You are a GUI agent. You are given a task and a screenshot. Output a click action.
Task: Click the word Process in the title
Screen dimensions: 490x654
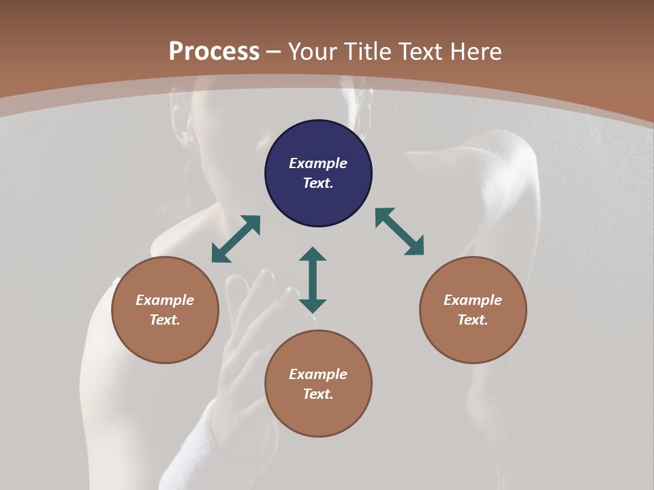(214, 52)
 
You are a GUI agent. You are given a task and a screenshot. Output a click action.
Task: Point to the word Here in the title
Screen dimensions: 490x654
(477, 52)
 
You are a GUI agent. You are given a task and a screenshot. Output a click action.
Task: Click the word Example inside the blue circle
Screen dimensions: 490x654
(318, 163)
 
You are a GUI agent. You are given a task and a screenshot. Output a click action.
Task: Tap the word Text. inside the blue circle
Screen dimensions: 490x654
(318, 183)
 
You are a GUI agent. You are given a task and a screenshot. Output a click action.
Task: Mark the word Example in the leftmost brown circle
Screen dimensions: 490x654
(165, 300)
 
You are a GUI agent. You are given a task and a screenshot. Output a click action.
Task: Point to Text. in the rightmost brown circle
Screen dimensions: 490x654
(473, 320)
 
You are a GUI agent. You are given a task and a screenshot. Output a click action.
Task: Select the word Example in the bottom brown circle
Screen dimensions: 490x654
(318, 374)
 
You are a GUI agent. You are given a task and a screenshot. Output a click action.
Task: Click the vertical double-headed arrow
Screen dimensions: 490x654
(313, 280)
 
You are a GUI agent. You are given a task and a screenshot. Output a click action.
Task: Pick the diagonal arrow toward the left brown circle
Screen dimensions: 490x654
(236, 239)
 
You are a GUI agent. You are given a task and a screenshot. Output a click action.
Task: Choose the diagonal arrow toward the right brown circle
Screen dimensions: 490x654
(400, 231)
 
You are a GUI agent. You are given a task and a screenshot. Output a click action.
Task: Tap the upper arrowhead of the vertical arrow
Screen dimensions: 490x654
(313, 255)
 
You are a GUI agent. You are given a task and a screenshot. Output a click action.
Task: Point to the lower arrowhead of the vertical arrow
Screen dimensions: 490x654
(313, 306)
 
